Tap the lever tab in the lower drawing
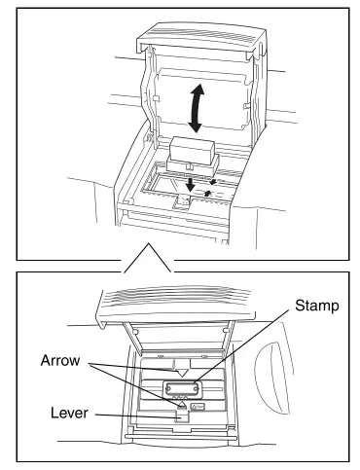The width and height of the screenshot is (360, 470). click(x=182, y=416)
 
